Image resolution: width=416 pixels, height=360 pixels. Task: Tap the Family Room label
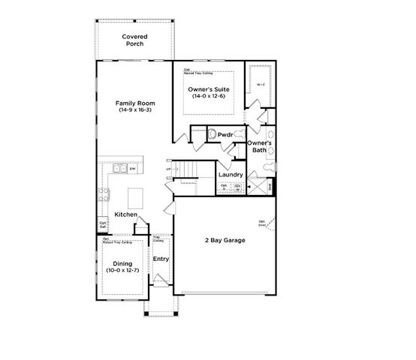point(135,106)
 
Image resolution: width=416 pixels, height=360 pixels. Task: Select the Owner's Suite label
point(209,93)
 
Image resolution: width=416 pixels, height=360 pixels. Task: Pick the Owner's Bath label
point(259,146)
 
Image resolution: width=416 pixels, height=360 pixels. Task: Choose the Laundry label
point(229,175)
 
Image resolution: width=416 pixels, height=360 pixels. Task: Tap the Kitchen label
point(125,215)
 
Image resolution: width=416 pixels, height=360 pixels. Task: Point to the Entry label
point(161,259)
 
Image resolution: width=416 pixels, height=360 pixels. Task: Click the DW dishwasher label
point(133,169)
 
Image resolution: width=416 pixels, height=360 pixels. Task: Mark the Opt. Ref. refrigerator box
point(103,224)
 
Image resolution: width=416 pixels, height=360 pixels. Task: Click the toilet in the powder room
point(214,134)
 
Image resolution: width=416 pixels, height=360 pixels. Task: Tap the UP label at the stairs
point(168,169)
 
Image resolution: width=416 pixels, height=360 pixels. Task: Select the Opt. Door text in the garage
point(262,222)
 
